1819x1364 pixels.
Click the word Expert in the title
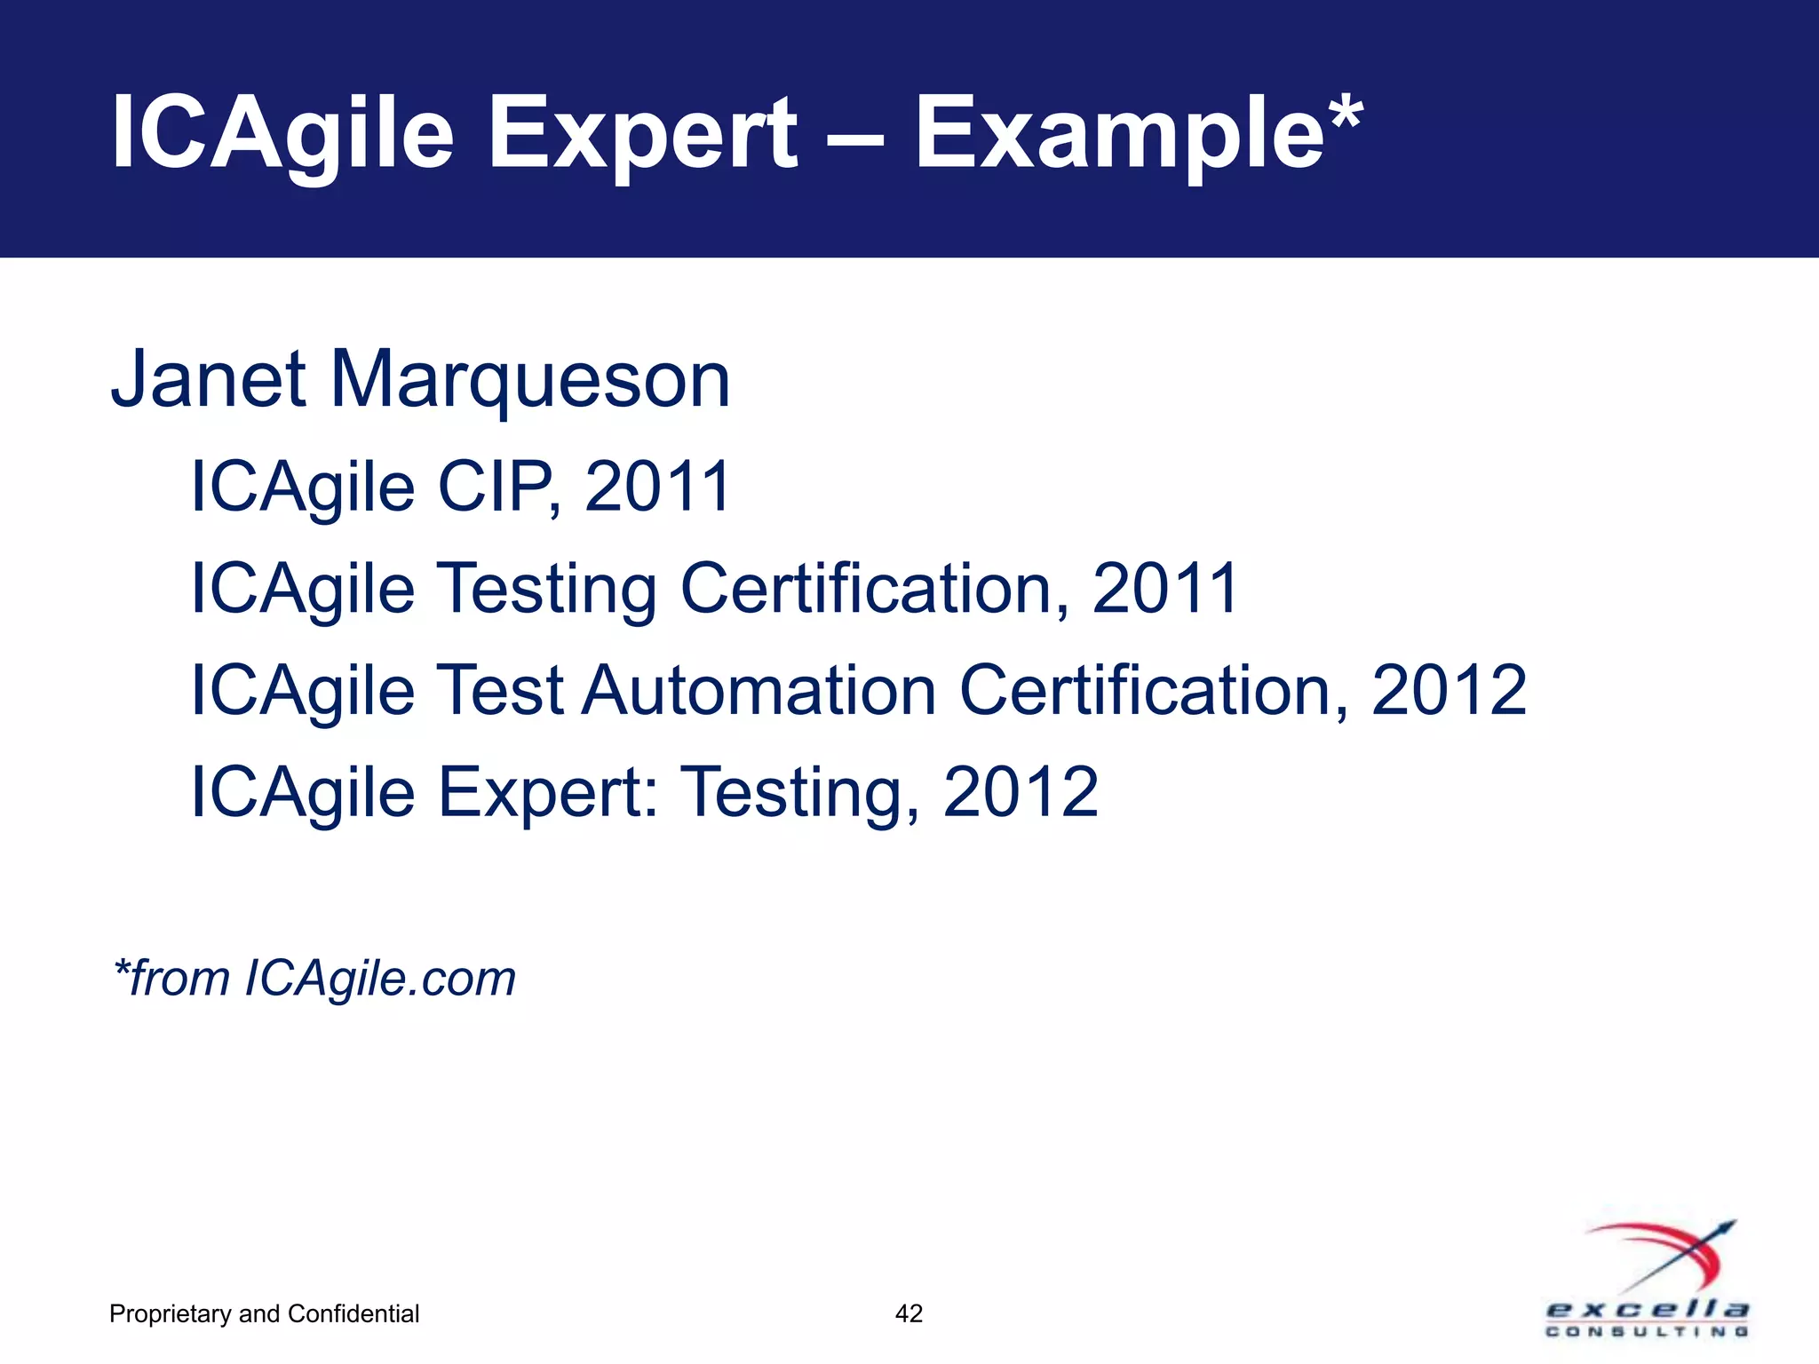642,135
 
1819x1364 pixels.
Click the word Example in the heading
1120,135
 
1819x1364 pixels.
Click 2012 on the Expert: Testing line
1021,792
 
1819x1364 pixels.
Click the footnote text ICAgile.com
380,979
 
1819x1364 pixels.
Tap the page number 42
909,1313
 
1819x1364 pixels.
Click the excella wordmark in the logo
1648,1309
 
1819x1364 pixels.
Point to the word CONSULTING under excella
1648,1331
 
